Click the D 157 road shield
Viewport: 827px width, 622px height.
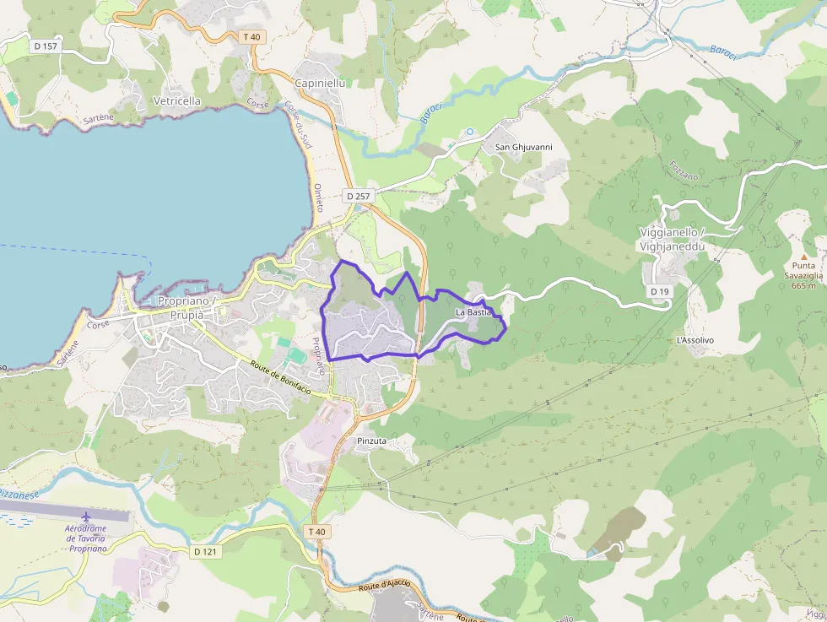click(46, 46)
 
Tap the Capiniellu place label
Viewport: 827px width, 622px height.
click(321, 83)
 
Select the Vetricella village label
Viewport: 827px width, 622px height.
click(177, 100)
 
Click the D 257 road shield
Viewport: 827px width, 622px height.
click(358, 196)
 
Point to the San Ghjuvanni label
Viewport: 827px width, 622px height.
click(523, 147)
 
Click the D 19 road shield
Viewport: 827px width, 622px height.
click(660, 291)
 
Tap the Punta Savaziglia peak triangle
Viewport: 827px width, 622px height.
click(803, 256)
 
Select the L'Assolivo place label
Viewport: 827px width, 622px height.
click(695, 340)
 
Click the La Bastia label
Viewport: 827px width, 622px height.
click(473, 312)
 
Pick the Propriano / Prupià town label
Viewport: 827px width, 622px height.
click(187, 307)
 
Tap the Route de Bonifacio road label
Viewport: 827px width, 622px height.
click(280, 377)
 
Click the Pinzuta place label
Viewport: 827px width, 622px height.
click(371, 441)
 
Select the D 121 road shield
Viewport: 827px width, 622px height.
click(206, 551)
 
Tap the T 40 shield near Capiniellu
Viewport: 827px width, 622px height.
click(252, 36)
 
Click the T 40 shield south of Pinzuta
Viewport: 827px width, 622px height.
click(316, 531)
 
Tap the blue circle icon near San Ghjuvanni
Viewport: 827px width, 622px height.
click(470, 132)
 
